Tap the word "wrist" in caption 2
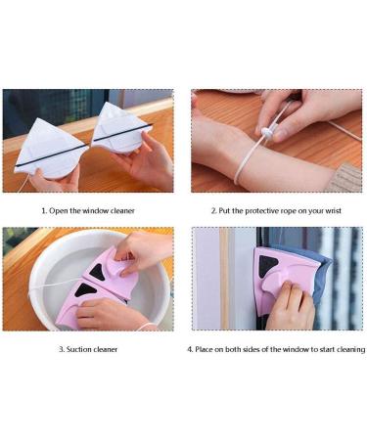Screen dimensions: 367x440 coord(333,211)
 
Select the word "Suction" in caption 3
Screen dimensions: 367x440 coord(77,349)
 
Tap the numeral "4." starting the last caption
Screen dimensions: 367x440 coord(190,349)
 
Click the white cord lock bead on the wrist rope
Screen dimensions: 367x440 coord(268,132)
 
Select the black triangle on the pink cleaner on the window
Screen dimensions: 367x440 coord(268,265)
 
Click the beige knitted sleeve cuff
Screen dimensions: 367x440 coord(345,178)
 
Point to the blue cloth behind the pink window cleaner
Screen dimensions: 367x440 coord(319,273)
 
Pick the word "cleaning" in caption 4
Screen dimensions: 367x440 coord(351,349)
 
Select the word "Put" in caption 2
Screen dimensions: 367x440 coord(224,211)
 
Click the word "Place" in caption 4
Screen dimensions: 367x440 coord(204,349)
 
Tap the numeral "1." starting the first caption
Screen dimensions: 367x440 coord(44,211)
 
